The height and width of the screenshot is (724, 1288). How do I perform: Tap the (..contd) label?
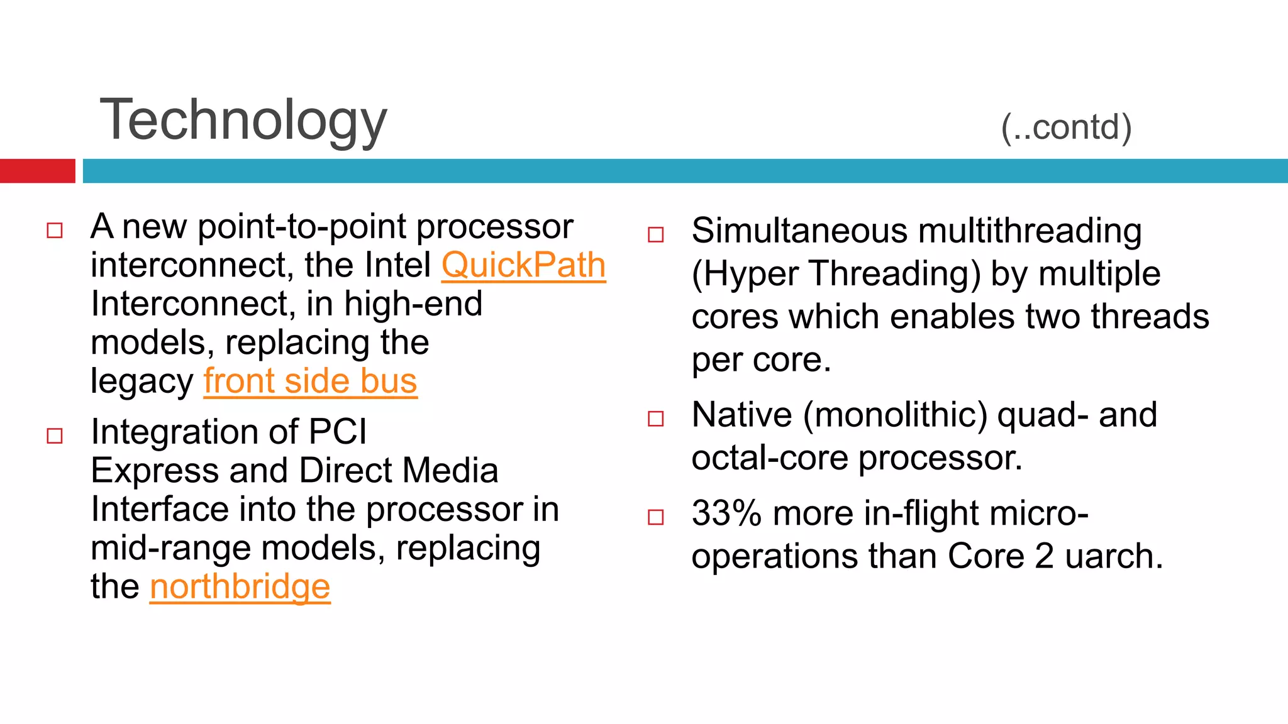click(x=1066, y=128)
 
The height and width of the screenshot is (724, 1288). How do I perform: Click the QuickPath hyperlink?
click(x=523, y=266)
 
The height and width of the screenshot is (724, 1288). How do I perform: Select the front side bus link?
click(x=310, y=381)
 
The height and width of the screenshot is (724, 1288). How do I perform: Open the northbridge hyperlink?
click(x=240, y=587)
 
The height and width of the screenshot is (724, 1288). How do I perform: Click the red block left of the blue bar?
click(x=37, y=171)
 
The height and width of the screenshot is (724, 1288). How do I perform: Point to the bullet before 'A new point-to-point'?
click(x=55, y=231)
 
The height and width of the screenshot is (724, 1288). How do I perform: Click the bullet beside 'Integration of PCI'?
click(x=55, y=436)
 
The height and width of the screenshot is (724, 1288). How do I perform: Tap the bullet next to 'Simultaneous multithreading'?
click(x=656, y=235)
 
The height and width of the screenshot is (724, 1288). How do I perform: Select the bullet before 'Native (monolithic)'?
click(x=656, y=419)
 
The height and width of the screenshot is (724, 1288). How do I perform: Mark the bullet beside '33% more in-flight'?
click(x=656, y=517)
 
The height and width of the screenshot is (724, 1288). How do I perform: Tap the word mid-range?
click(x=170, y=549)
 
